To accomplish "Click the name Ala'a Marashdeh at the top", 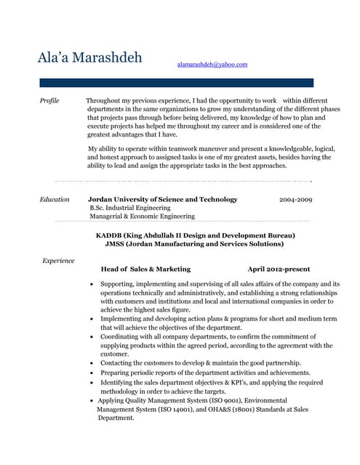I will pyautogui.click(x=90, y=57).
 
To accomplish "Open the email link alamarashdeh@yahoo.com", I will pyautogui.click(x=212, y=65).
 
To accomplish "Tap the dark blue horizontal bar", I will pyautogui.click(x=176, y=83).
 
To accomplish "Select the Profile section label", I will pyautogui.click(x=49, y=100).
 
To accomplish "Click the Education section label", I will pyautogui.click(x=55, y=199).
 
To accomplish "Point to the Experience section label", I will pyautogui.click(x=58, y=259).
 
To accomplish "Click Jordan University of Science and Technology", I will pyautogui.click(x=162, y=199).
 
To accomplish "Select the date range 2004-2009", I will pyautogui.click(x=295, y=199).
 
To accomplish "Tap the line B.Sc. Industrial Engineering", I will pyautogui.click(x=131, y=208).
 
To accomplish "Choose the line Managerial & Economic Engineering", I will pyautogui.click(x=142, y=217).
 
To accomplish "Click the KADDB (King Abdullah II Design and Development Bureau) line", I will pyautogui.click(x=196, y=235).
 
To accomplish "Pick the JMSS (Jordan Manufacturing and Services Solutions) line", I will pyautogui.click(x=194, y=244).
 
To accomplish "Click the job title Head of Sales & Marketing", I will pyautogui.click(x=145, y=269).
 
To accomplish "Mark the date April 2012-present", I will pyautogui.click(x=279, y=269).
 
